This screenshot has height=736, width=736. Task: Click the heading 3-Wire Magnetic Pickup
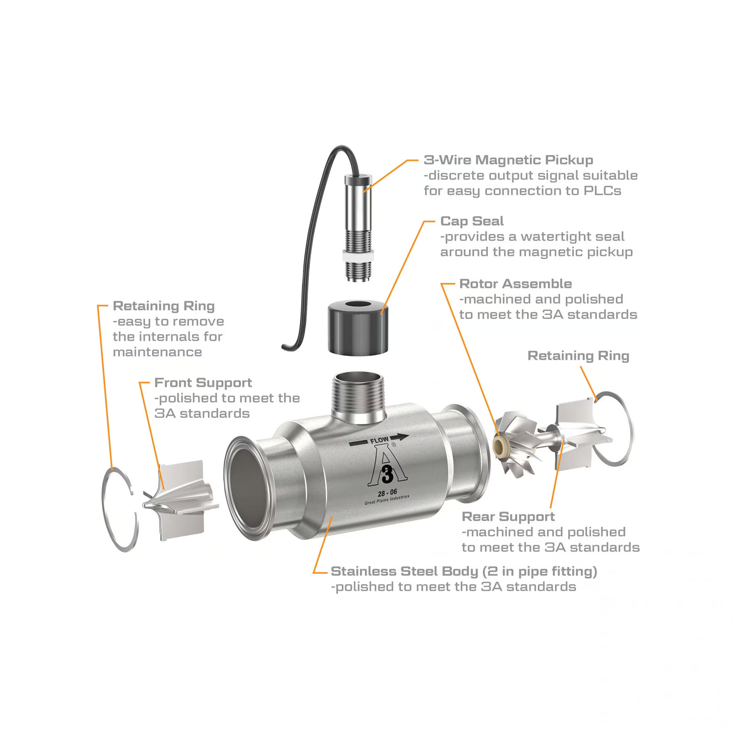pyautogui.click(x=508, y=160)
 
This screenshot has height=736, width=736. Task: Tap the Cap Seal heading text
pyautogui.click(x=472, y=221)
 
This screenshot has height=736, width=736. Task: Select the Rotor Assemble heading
pyautogui.click(x=515, y=284)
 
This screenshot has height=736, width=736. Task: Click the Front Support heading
pyautogui.click(x=203, y=383)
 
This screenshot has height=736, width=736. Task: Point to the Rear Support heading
pyautogui.click(x=508, y=517)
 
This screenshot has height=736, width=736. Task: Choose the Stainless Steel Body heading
pyautogui.click(x=464, y=572)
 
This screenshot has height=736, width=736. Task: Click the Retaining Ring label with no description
pyautogui.click(x=578, y=356)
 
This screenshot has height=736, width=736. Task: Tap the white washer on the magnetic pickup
pyautogui.click(x=358, y=257)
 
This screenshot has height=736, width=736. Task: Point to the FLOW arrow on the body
pyautogui.click(x=378, y=440)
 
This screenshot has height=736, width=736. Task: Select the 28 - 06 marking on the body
pyautogui.click(x=387, y=493)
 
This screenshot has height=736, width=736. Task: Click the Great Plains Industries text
pyautogui.click(x=387, y=500)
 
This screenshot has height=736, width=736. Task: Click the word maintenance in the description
pyautogui.click(x=158, y=352)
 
